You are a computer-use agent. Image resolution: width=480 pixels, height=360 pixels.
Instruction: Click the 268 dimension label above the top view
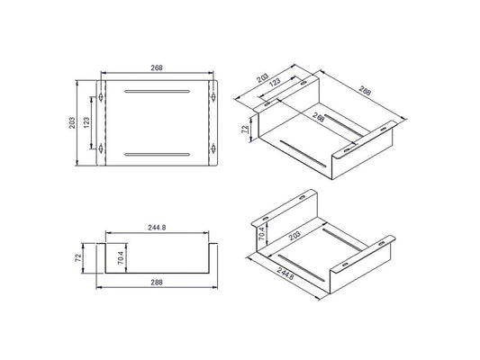(157, 67)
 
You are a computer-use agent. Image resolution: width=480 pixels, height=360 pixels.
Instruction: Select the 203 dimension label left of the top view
(72, 123)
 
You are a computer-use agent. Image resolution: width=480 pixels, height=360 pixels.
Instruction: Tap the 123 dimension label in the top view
(86, 122)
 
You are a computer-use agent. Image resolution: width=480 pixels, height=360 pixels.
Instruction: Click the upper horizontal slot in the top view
(157, 91)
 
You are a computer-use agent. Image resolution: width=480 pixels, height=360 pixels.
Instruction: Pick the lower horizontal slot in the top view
(157, 155)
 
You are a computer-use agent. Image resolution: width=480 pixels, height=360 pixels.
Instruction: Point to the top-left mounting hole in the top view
(100, 97)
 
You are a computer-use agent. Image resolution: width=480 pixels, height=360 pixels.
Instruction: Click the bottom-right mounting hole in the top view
(213, 149)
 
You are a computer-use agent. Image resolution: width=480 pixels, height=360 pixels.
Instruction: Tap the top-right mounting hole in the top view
(213, 97)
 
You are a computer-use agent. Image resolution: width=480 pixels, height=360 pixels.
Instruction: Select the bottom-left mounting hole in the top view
(100, 149)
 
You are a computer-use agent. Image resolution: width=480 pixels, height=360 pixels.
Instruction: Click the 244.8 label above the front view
(157, 228)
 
